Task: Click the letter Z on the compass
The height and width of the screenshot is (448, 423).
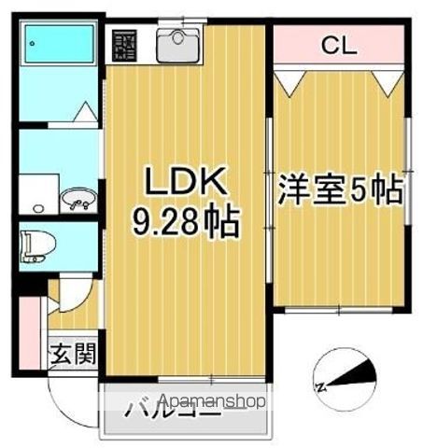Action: [320, 385]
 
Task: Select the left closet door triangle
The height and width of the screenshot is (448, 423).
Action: [288, 83]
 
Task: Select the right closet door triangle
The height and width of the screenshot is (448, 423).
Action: [389, 83]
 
